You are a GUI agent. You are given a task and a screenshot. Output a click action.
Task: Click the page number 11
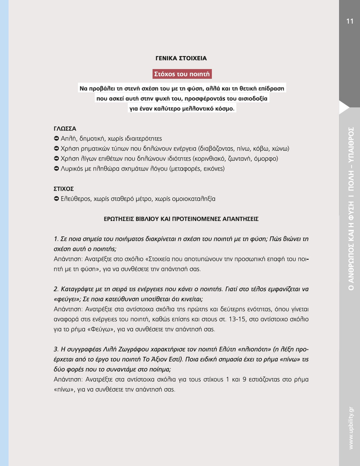point(350,21)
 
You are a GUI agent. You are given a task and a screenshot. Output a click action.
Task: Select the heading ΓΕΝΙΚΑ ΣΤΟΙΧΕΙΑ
point(181,58)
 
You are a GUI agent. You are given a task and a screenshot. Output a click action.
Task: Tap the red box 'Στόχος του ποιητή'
point(182,74)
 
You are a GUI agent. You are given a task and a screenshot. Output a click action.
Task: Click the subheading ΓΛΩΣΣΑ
point(65,129)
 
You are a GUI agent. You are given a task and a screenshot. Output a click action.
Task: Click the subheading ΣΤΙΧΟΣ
point(63,189)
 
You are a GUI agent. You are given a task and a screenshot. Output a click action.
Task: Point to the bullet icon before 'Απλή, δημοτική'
point(56,139)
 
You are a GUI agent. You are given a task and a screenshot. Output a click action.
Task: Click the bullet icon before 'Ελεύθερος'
point(56,199)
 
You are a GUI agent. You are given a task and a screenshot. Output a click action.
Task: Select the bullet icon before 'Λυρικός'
point(56,169)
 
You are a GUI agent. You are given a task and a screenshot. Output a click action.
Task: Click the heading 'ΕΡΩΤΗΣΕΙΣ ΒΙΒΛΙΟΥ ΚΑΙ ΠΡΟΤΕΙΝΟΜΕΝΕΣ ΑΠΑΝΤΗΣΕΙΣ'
point(181,219)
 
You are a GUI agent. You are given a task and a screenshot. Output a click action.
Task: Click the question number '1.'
point(56,239)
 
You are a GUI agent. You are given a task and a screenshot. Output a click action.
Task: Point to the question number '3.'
point(56,349)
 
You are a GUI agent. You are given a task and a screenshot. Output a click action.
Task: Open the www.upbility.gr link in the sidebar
point(351,428)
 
